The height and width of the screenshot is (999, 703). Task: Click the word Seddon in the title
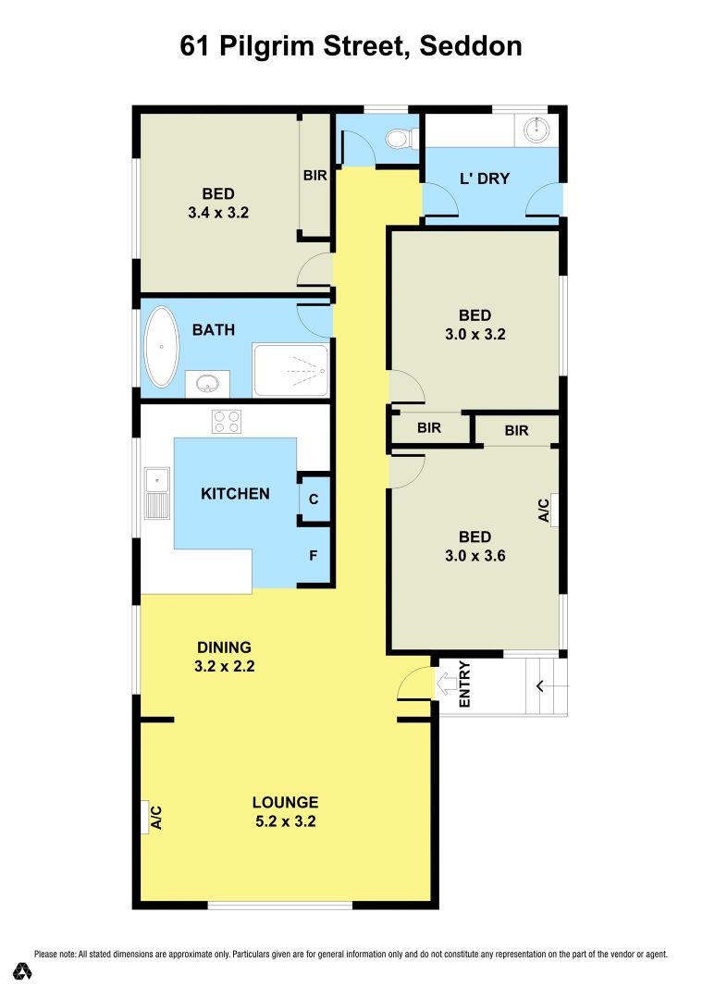pos(471,45)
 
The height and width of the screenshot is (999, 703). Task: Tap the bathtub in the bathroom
pos(163,347)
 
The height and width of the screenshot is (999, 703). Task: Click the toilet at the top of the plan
pos(396,139)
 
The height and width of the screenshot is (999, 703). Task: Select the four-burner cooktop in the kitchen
pos(227,421)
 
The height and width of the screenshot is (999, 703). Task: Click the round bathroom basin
pos(205,382)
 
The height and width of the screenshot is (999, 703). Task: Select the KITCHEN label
pos(235,494)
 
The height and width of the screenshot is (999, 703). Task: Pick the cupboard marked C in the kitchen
pos(314,499)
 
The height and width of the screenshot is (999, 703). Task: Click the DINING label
pos(224,647)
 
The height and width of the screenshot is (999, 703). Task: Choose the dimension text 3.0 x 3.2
pos(475,335)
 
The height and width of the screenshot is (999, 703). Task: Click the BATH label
pos(214,329)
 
